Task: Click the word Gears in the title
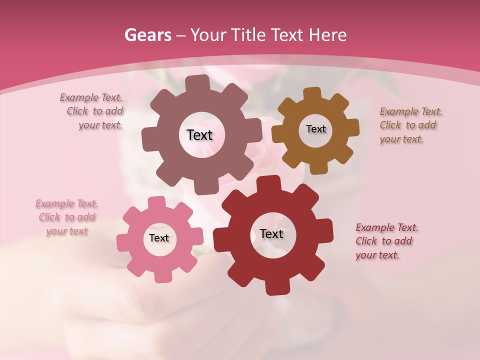pos(147,35)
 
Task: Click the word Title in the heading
pos(248,35)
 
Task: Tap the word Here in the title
pos(328,35)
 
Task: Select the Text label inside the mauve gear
pos(199,135)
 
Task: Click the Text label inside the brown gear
pos(315,129)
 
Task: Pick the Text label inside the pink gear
pos(159,238)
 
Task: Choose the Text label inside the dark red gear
pos(271,233)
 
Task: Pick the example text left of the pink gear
pos(67,217)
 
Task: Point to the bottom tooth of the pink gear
pos(161,276)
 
